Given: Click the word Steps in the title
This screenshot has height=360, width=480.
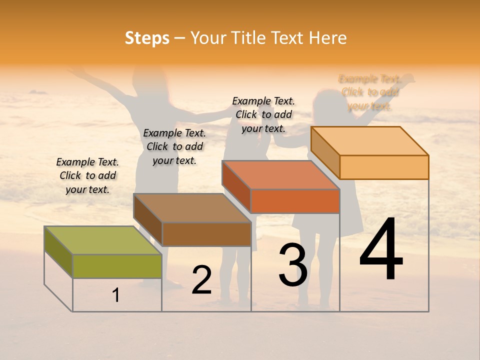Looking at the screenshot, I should coord(147,38).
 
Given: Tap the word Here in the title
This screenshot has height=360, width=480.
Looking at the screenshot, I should coord(327,38).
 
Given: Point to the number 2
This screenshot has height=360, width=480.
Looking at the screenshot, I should coord(201,279).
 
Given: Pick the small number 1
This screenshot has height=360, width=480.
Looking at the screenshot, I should coord(116,295).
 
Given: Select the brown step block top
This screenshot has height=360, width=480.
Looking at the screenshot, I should coord(192,207).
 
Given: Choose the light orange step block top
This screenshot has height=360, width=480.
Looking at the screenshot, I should coord(370,141).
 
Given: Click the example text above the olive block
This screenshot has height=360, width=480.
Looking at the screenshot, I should coord(87,175).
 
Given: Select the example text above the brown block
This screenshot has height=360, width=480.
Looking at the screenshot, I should coord(174,146).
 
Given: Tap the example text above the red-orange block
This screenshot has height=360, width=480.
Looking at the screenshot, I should coord(263,114).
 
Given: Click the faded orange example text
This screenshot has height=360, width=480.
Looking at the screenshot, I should coord(369,92).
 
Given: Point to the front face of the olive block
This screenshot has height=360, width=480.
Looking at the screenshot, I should coord(117,266).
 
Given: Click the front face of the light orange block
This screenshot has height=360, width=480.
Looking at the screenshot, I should coord(384,167).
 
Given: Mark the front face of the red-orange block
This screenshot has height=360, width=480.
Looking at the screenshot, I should coord(295,201).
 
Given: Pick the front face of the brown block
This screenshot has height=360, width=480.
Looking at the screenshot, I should coord(206,234).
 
